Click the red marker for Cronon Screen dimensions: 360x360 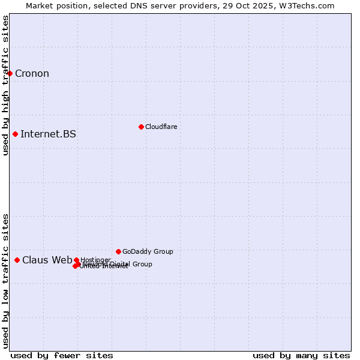point(10,73)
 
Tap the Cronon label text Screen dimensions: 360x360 point(32,74)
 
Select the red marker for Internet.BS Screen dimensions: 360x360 point(15,134)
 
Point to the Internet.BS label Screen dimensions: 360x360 point(48,134)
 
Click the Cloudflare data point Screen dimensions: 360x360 point(141,127)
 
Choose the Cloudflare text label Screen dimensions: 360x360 point(161,127)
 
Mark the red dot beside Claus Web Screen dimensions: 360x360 point(17,260)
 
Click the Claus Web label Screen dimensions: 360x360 point(47,260)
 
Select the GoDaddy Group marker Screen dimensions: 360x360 point(118,251)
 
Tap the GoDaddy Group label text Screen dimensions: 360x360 point(148,251)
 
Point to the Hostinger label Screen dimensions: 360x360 point(95,260)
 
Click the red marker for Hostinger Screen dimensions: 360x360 point(76,260)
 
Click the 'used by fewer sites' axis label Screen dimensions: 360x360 point(62,355)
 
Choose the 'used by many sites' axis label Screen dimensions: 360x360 point(301,355)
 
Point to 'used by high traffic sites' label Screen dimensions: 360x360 point(5,85)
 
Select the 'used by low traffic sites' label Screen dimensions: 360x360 point(5,280)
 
